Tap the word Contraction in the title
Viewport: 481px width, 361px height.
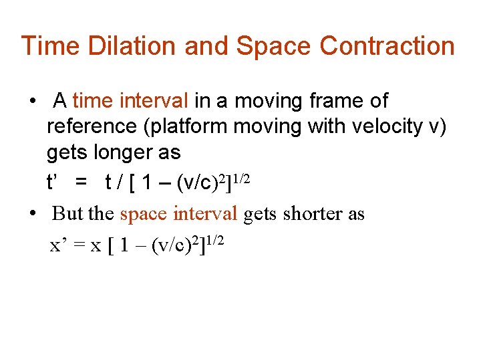[x=387, y=46]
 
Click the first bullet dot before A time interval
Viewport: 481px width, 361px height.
[x=32, y=102]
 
